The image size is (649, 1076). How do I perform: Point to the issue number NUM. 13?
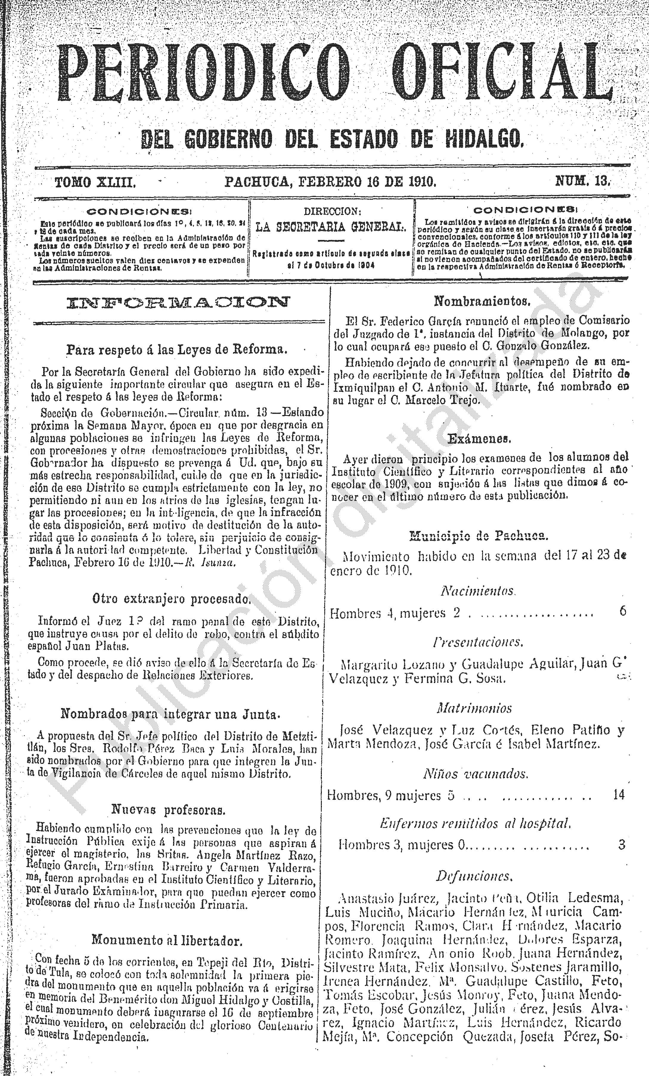582,181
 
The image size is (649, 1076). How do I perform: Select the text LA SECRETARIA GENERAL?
331,226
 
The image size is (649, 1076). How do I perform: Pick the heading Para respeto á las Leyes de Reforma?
176,349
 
